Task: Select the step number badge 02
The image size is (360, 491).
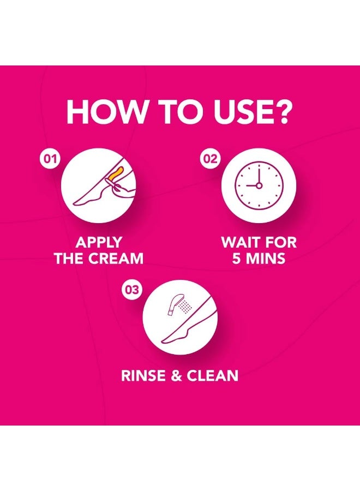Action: (x=211, y=159)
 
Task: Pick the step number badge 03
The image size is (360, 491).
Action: (x=132, y=290)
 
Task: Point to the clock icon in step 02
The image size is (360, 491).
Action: (x=259, y=185)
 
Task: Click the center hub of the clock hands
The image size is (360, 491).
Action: (x=259, y=185)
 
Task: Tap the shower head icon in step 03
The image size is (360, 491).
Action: (x=173, y=304)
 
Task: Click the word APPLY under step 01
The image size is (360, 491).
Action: (x=99, y=243)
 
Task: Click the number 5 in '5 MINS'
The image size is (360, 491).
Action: (x=236, y=259)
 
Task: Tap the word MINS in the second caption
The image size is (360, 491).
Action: (x=265, y=259)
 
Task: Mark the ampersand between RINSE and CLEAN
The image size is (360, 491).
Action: (x=177, y=376)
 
